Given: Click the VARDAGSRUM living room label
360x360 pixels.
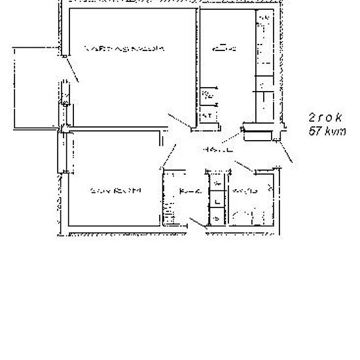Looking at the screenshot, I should [124, 48].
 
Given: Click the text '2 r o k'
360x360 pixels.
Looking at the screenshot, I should [325, 117].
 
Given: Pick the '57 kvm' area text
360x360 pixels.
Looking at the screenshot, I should [326, 131].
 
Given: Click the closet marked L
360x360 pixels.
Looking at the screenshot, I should [216, 202].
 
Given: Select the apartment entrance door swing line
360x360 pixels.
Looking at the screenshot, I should [285, 153].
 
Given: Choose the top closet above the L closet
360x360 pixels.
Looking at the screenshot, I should [216, 187].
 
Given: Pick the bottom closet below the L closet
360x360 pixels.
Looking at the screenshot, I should [216, 218].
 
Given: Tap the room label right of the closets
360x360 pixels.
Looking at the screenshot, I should [244, 191].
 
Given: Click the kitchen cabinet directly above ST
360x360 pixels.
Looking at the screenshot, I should [207, 96].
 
